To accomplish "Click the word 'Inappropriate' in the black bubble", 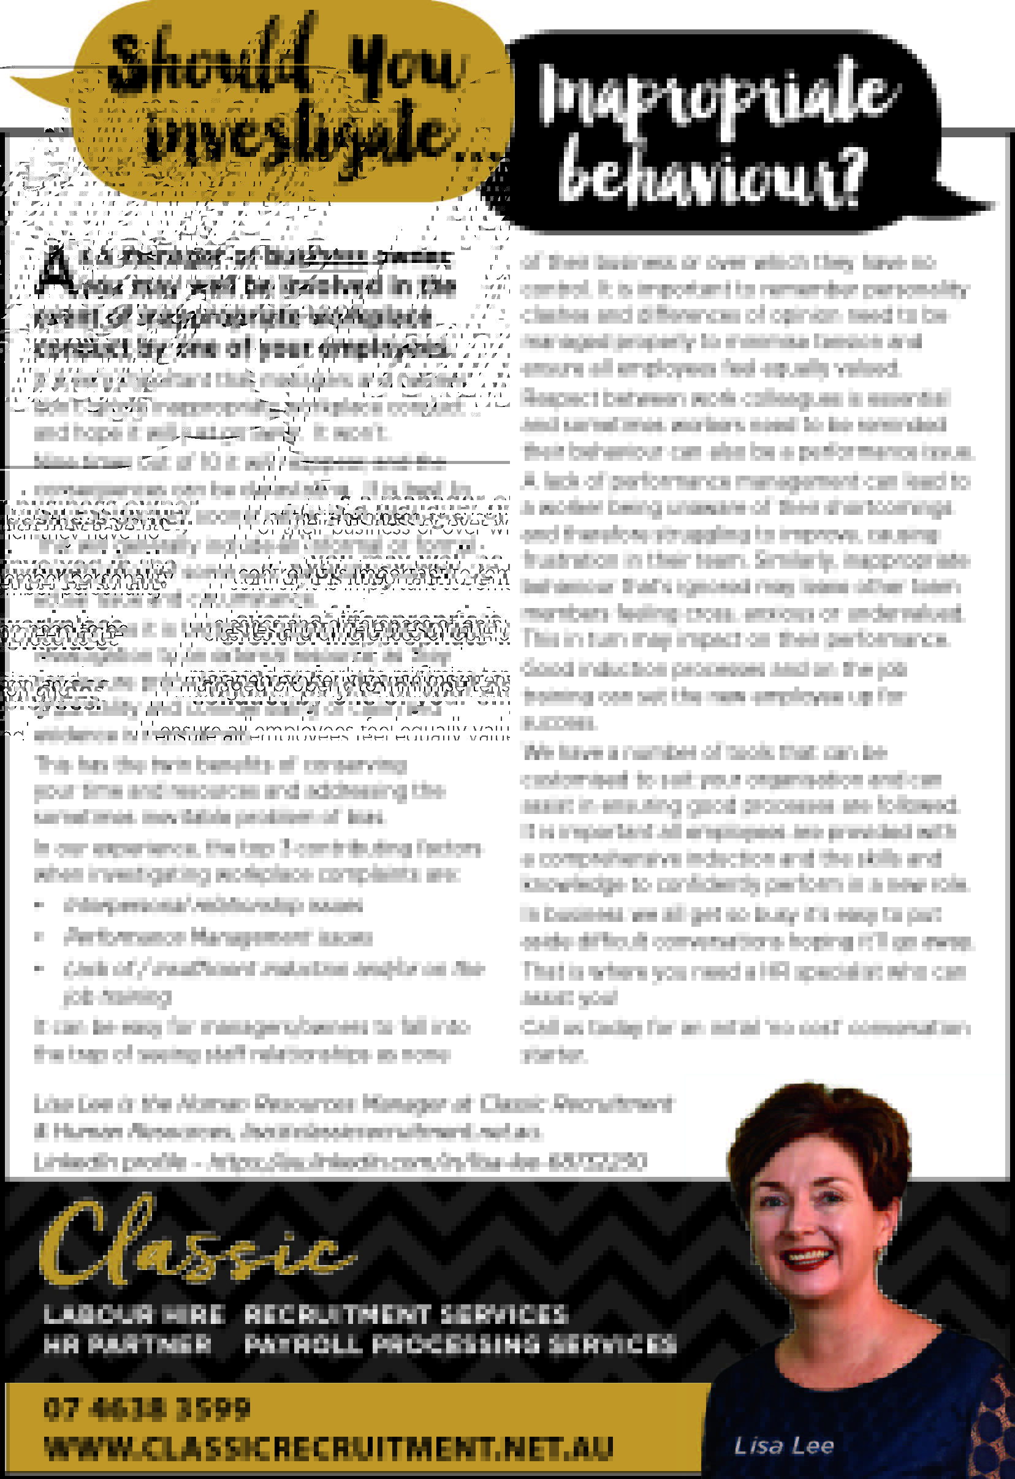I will tap(716, 96).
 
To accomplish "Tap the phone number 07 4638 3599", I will tap(147, 1409).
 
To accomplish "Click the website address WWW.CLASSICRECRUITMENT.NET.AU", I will tap(329, 1448).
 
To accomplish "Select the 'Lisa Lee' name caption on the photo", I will tap(783, 1446).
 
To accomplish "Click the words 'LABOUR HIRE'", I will tap(134, 1314).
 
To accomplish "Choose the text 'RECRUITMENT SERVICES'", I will tap(405, 1314).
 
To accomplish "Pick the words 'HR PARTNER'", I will tap(127, 1344).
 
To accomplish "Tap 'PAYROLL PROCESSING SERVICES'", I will tap(460, 1344).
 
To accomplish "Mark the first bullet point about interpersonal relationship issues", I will tap(213, 905).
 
